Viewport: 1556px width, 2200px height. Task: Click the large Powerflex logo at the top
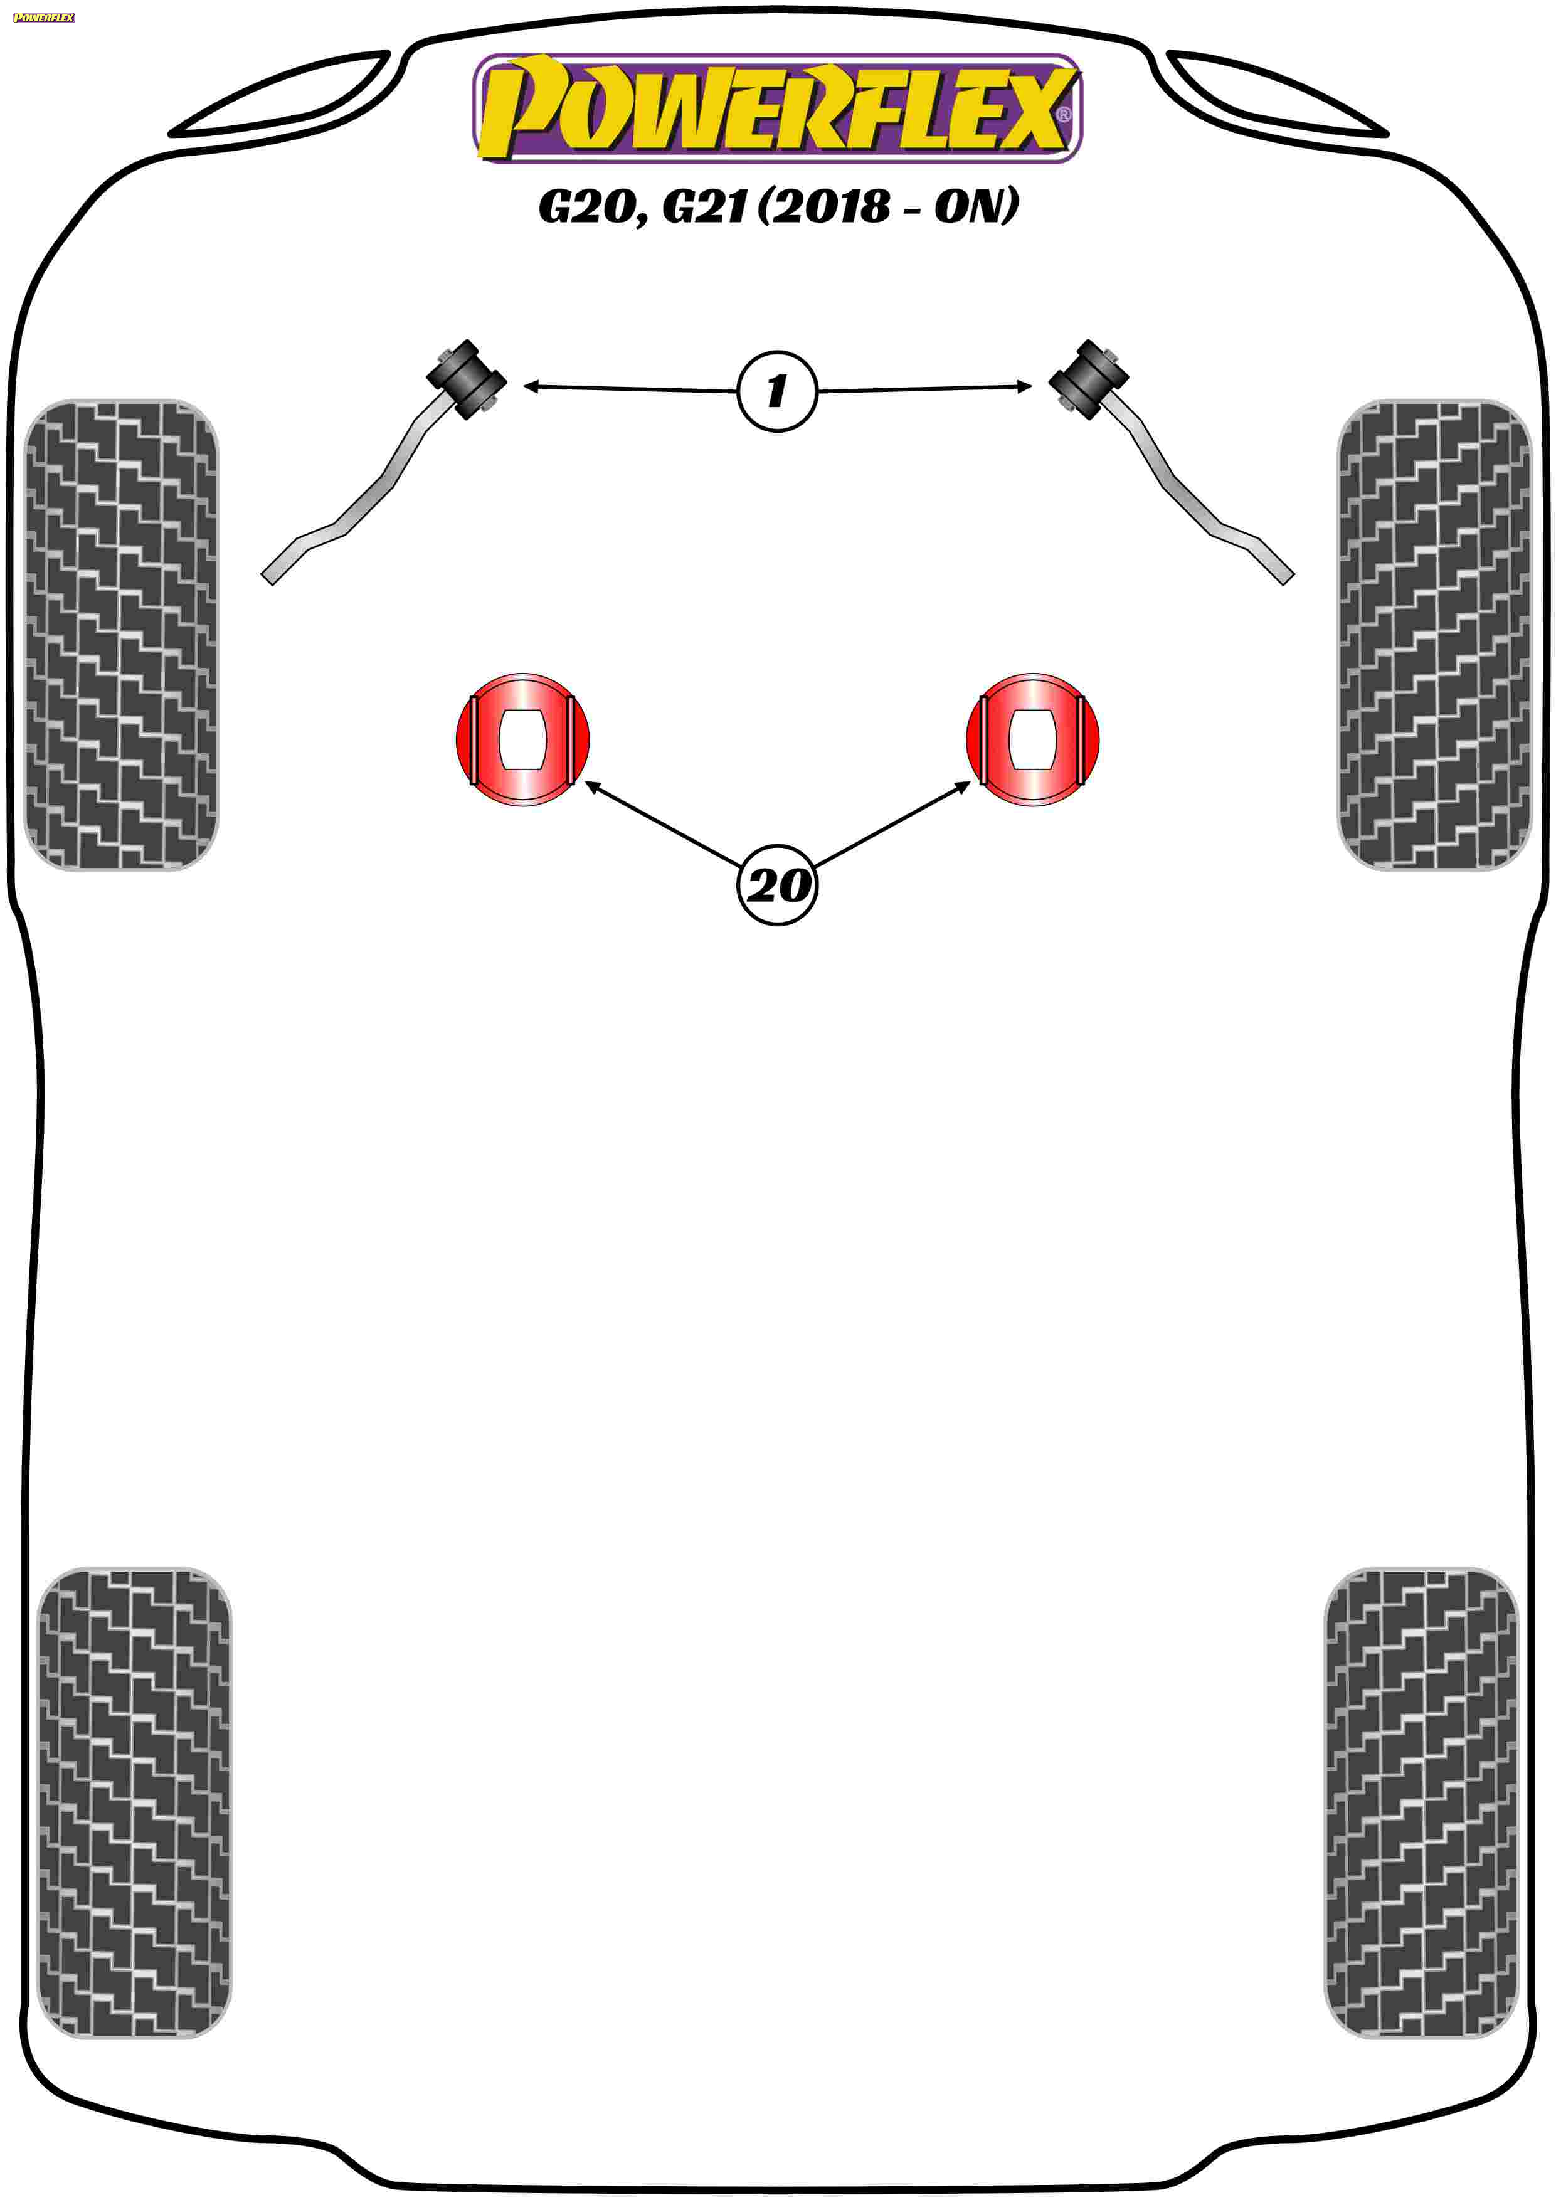coord(777,107)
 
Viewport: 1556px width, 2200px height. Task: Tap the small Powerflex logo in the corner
coord(44,18)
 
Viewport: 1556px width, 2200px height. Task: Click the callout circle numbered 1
coord(777,391)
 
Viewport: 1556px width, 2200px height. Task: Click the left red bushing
coord(522,739)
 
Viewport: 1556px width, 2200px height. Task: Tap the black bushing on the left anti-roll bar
coord(467,379)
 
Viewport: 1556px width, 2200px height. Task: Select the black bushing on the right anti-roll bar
coord(1088,379)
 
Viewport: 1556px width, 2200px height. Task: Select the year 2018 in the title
coord(830,205)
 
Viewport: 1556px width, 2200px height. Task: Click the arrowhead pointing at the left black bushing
coord(531,386)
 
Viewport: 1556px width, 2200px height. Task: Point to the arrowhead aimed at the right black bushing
coord(1024,386)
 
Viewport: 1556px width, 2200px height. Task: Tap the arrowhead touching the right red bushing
coord(962,786)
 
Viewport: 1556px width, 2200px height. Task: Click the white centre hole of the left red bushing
coord(522,739)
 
